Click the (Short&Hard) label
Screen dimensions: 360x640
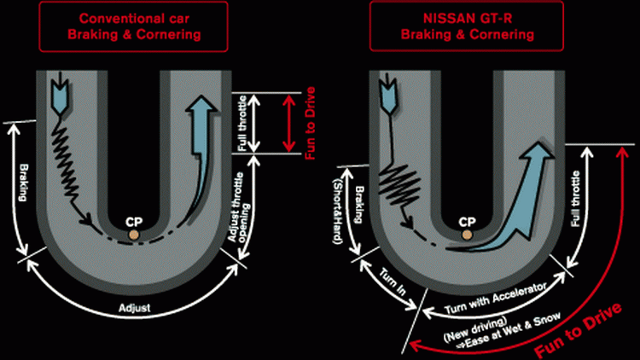tap(341, 213)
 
